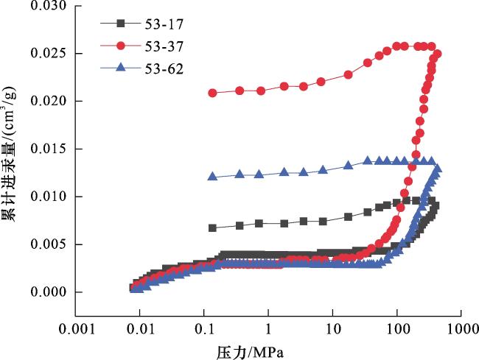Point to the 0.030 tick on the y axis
47,7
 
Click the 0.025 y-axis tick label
47,54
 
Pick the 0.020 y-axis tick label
47,102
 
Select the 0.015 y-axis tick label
47,149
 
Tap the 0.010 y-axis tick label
47,197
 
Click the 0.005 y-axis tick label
47,245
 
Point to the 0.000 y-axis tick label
47,293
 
